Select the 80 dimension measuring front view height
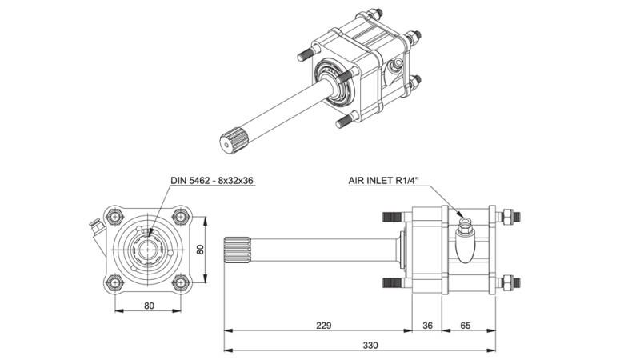[202, 249]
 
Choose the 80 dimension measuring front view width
[148, 304]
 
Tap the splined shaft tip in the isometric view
[230, 144]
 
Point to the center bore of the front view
[148, 249]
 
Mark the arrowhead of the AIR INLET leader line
[462, 218]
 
